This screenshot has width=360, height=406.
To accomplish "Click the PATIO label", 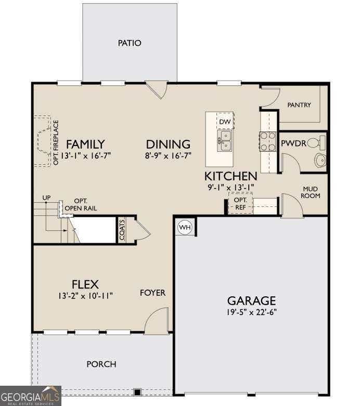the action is point(130,43).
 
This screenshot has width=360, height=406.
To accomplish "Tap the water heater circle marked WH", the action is point(185,227).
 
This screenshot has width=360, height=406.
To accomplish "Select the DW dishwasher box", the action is point(225,121).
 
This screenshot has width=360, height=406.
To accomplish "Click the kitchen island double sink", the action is point(225,141).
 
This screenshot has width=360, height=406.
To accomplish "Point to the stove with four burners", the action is point(268,141).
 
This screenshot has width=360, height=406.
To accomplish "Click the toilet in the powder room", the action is point(316,142).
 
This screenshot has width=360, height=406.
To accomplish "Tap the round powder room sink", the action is point(320,160).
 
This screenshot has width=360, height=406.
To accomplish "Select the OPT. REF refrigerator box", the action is point(240,203).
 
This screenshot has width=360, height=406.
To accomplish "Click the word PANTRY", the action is point(299,105).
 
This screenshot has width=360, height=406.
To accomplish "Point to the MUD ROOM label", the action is point(310,192).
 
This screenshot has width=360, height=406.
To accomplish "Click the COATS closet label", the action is point(122,230).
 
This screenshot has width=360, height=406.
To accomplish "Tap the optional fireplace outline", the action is point(43,141).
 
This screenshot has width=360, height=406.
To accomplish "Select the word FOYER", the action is point(152,293).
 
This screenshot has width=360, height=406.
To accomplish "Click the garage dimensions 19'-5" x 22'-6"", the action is point(252,312).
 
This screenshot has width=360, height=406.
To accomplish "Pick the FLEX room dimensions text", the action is point(85,296).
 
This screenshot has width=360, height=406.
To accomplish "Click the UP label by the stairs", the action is point(46,198).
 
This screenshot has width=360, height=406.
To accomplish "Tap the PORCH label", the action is point(101,364).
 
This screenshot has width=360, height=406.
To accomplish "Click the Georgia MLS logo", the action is point(31,396).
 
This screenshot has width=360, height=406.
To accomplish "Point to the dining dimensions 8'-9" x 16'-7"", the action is point(168,156).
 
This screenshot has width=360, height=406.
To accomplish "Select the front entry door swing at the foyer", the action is point(157,320).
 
